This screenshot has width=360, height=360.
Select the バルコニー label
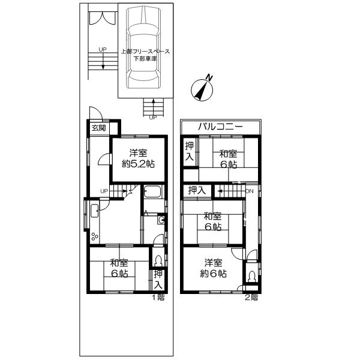point(220,127)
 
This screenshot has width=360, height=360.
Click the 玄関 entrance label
point(98,128)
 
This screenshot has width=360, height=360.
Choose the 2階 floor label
point(252,297)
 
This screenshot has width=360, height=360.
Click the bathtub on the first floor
point(152,193)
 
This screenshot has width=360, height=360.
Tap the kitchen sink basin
point(95,211)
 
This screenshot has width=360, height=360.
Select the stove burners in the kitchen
point(94,235)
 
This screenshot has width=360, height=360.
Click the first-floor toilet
point(157,261)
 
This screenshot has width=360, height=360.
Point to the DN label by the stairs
point(250,191)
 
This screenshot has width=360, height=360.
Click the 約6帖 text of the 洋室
point(214,273)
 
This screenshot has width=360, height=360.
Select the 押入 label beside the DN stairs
point(197,191)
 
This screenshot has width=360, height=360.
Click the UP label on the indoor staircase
point(104,191)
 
